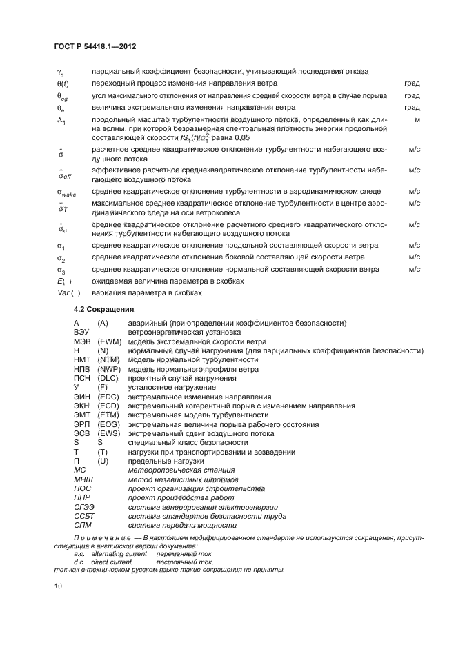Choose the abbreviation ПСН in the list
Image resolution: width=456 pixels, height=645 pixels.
pos(82,378)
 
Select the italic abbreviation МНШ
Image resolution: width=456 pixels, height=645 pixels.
pos(83,479)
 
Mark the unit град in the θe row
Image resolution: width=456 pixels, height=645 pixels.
pos(412,108)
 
